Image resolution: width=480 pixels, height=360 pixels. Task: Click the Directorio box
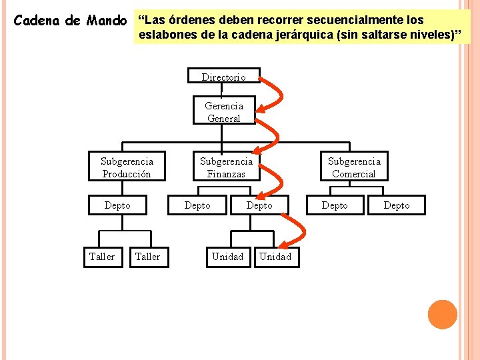click(x=223, y=77)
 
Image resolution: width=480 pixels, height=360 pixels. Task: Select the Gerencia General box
click(x=224, y=112)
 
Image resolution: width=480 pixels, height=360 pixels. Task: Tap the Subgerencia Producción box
click(x=127, y=167)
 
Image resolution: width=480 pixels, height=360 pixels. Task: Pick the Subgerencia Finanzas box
click(x=226, y=167)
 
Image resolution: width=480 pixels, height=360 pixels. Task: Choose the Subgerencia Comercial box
click(x=354, y=167)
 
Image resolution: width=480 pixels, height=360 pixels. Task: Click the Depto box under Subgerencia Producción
click(x=117, y=205)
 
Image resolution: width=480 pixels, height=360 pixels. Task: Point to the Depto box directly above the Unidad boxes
click(x=259, y=205)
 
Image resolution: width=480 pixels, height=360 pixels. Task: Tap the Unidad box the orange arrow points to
click(x=275, y=257)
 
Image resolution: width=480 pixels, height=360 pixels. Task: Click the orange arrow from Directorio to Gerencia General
click(x=276, y=93)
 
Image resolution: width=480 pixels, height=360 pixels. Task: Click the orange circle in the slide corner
click(x=442, y=314)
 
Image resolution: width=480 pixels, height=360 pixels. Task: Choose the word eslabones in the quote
click(x=167, y=35)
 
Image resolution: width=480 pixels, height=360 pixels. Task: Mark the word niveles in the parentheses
click(x=428, y=35)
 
